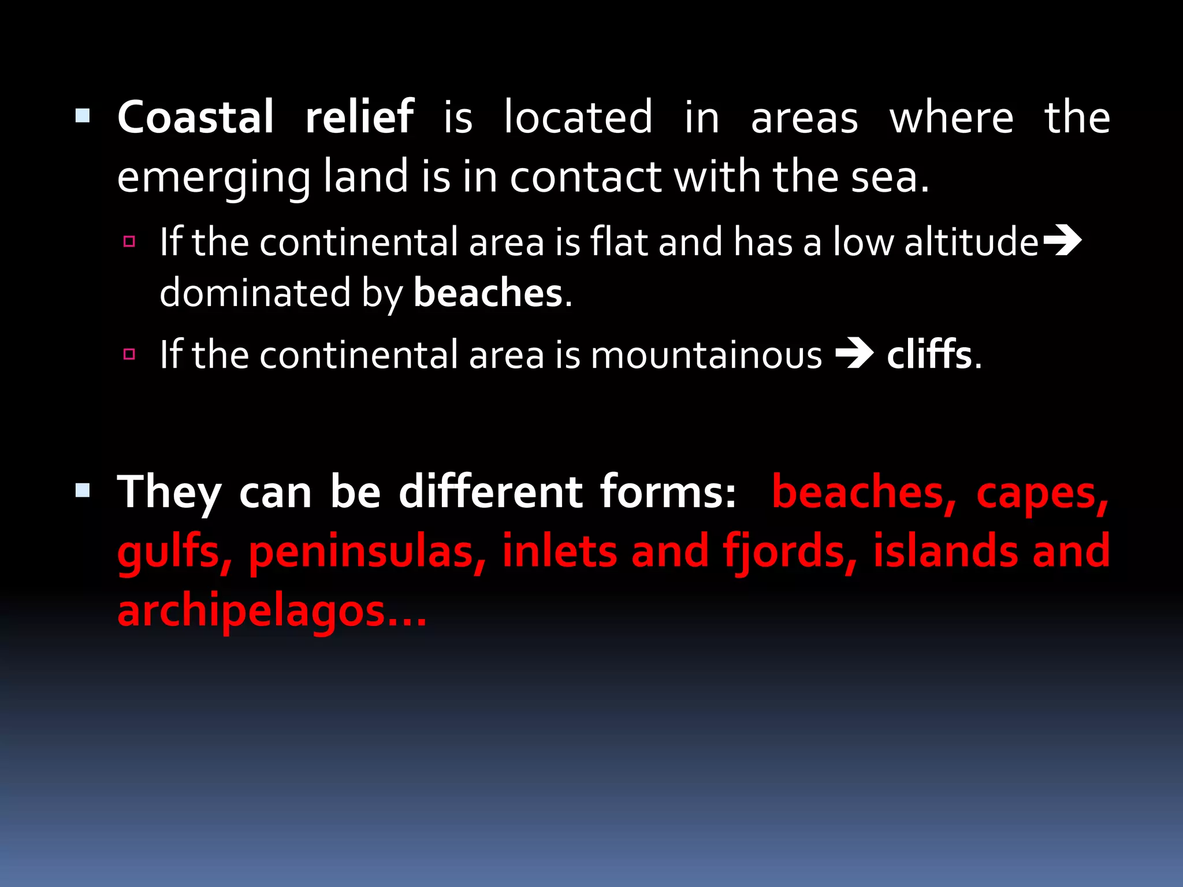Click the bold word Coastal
[195, 117]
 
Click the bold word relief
[359, 117]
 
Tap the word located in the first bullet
[578, 117]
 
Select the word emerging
[214, 178]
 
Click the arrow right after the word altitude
[1061, 241]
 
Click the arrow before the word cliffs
[854, 354]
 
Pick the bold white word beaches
[488, 293]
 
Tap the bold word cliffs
[929, 354]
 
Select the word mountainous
[706, 355]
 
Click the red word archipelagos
[271, 612]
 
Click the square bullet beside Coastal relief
[83, 116]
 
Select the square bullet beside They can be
[83, 491]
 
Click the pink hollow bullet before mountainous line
[129, 354]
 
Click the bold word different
[490, 492]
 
